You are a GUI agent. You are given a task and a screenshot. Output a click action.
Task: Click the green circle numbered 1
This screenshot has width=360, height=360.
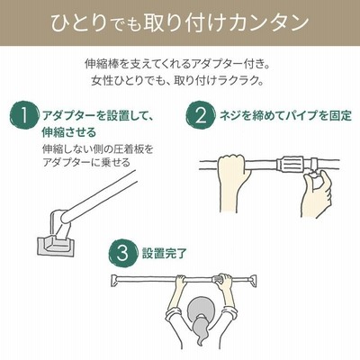click(x=24, y=115)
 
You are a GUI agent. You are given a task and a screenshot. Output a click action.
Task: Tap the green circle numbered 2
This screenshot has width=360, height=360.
click(x=201, y=115)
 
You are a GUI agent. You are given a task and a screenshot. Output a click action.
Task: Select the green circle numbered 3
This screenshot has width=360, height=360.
click(x=122, y=254)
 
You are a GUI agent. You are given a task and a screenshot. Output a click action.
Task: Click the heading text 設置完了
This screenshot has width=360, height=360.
click(x=165, y=254)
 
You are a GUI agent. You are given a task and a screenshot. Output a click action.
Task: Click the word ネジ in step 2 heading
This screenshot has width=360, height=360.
click(x=230, y=115)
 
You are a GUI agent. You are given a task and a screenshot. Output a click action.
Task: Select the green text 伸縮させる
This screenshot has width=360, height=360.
click(x=69, y=132)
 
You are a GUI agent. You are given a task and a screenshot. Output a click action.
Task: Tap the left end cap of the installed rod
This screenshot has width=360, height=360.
click(x=115, y=279)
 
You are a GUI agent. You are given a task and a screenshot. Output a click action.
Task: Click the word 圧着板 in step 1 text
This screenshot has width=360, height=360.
click(x=130, y=149)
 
